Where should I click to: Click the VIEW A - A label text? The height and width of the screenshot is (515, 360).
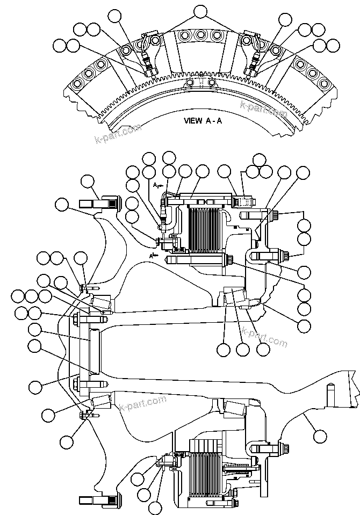pos(203,121)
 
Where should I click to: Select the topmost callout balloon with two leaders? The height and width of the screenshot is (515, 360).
pos(200,11)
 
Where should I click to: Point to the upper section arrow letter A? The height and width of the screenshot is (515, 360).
pos(155,185)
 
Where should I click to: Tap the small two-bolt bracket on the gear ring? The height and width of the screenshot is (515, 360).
pos(200,82)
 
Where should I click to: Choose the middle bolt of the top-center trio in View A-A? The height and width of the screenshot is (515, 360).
pos(200,35)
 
